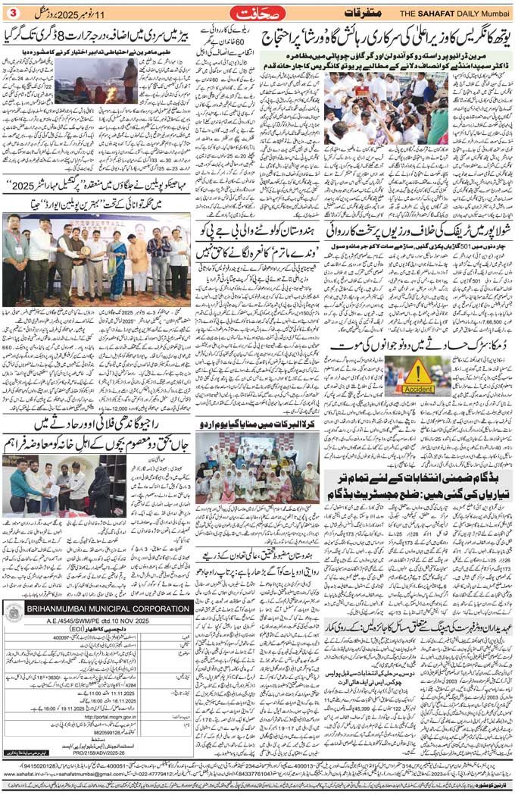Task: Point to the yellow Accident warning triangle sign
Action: pyautogui.click(x=418, y=372)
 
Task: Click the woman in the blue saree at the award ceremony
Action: pyautogui.click(x=118, y=269)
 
